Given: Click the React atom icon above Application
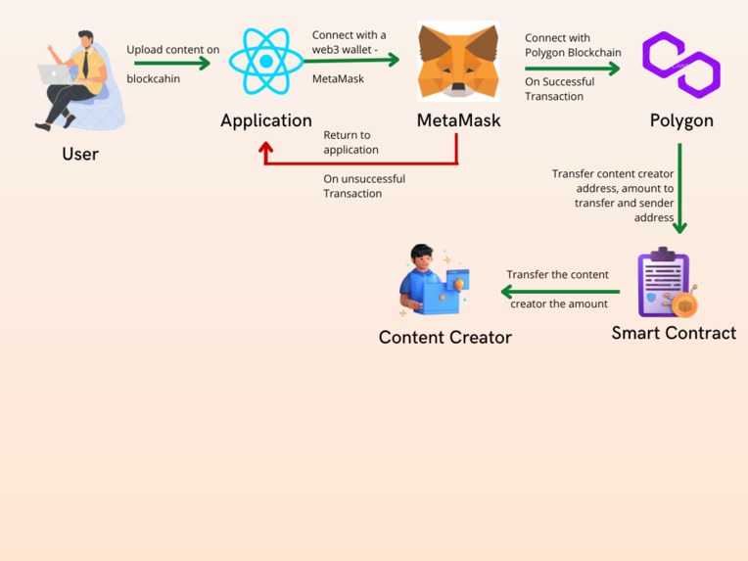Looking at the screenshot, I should (x=266, y=62).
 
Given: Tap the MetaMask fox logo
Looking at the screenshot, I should (x=458, y=62).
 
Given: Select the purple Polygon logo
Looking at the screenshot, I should (x=681, y=65).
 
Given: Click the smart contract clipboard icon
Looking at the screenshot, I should (x=667, y=284).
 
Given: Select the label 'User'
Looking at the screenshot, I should (x=80, y=154).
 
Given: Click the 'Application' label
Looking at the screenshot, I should (x=266, y=120).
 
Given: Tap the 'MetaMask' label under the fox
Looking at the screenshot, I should (x=458, y=120).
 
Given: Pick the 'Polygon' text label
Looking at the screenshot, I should (x=681, y=120).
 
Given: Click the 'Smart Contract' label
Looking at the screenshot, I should (x=674, y=333).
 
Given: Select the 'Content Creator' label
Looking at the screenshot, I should (x=444, y=337).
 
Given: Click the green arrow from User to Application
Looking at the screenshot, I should (x=172, y=64).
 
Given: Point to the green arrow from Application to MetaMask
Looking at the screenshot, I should (x=352, y=60).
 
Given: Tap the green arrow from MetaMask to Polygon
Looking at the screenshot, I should (x=572, y=69).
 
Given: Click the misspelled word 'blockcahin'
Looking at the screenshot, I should (x=154, y=78).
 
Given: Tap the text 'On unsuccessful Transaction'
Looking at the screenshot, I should (x=363, y=186).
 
